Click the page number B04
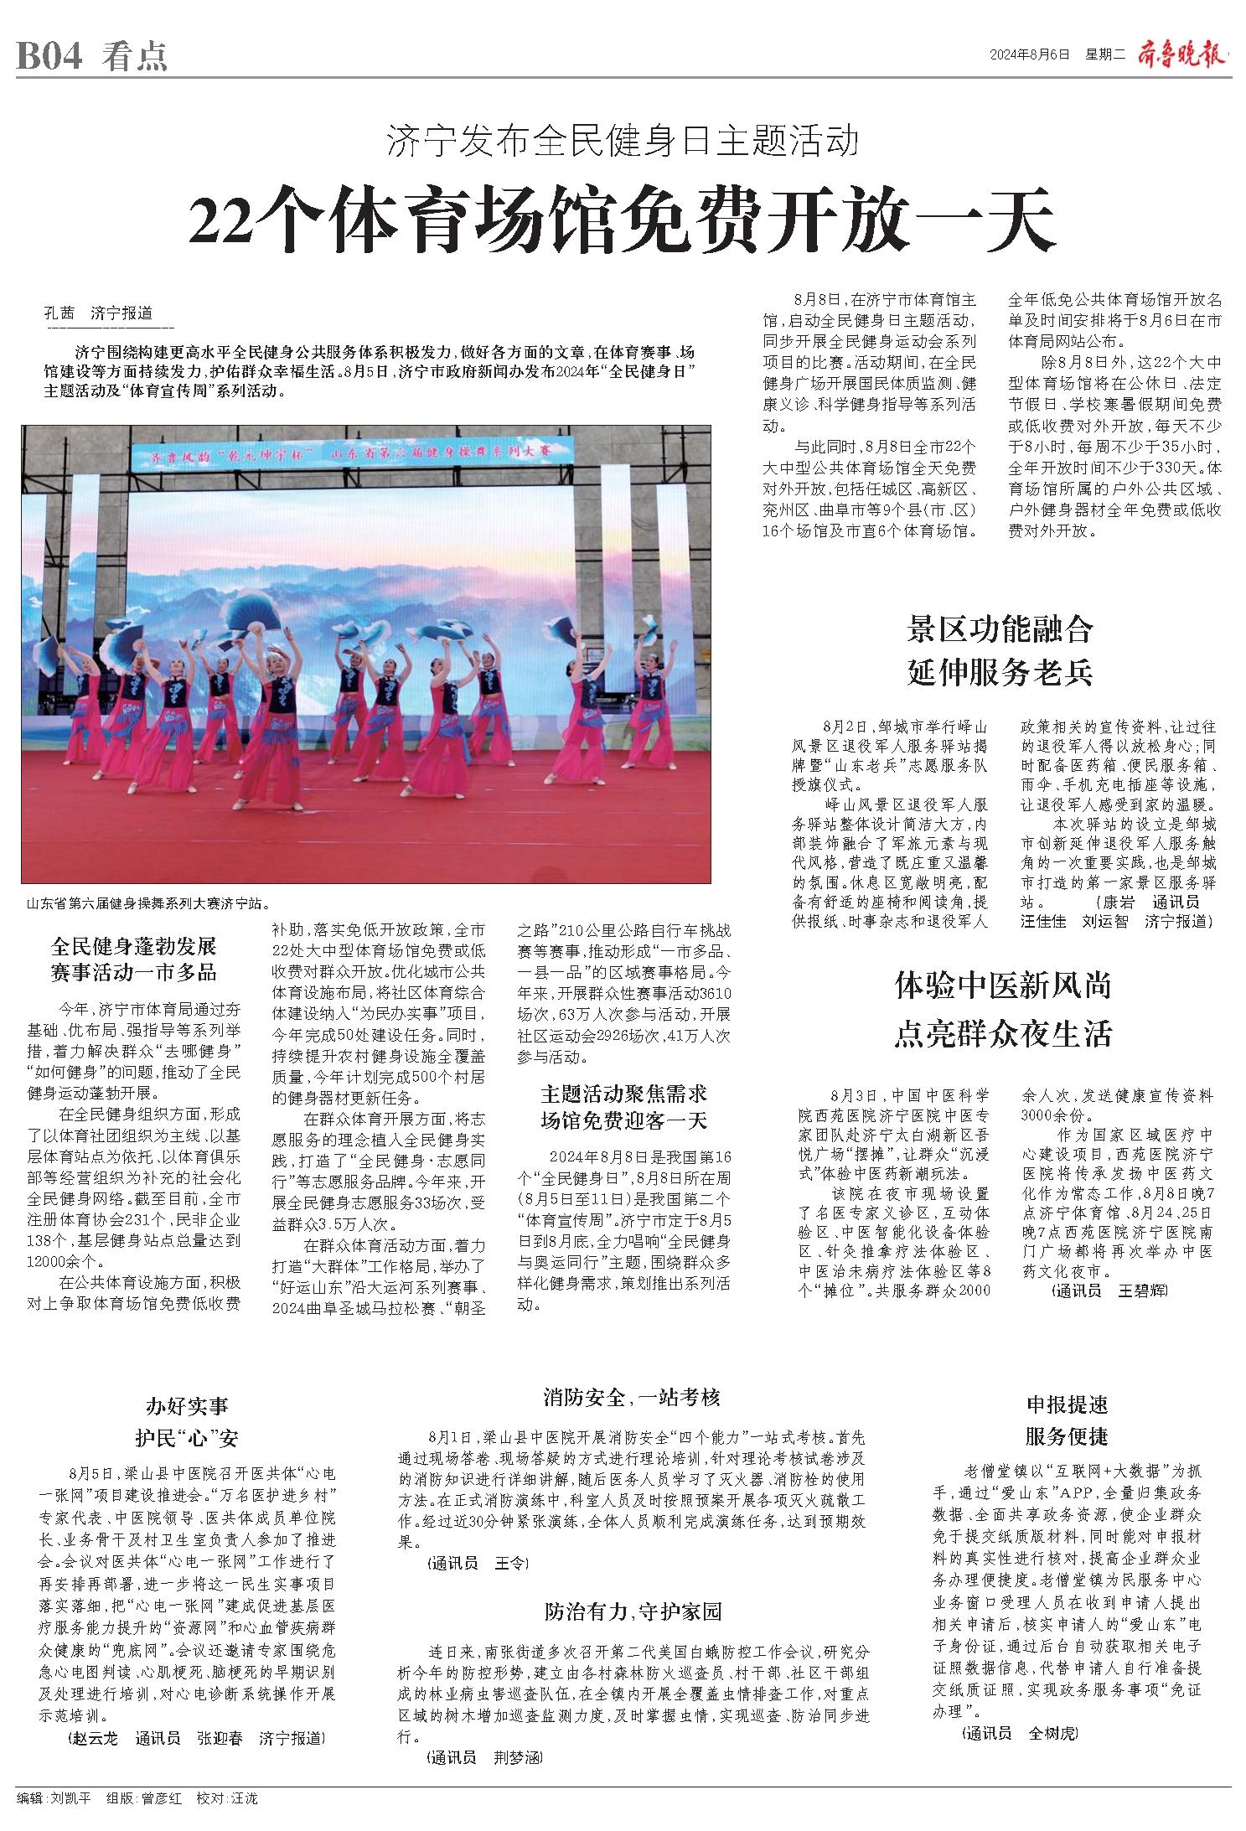click(49, 56)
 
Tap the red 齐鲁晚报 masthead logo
click(1181, 53)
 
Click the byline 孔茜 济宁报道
click(99, 314)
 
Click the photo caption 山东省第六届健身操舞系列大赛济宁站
click(148, 904)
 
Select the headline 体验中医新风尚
click(1002, 985)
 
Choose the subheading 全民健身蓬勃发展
click(134, 947)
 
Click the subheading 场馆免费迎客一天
click(623, 1121)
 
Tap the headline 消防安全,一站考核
click(631, 1397)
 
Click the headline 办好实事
click(187, 1405)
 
